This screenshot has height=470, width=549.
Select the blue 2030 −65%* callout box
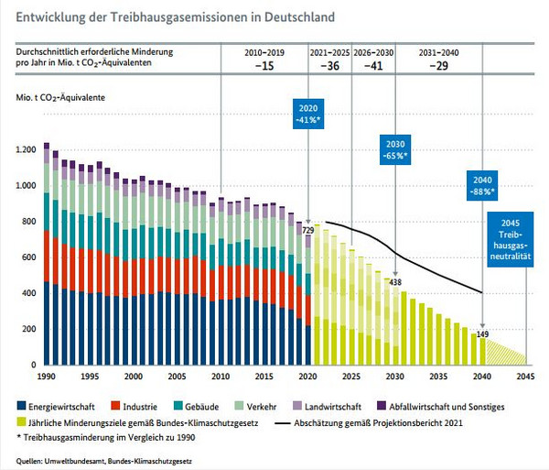[394, 150]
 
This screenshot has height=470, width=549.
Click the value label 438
[396, 281]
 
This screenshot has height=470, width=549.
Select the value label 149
[483, 333]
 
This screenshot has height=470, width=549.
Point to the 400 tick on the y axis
[29, 293]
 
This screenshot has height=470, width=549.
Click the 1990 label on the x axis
[46, 377]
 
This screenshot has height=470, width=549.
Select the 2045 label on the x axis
[525, 377]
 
